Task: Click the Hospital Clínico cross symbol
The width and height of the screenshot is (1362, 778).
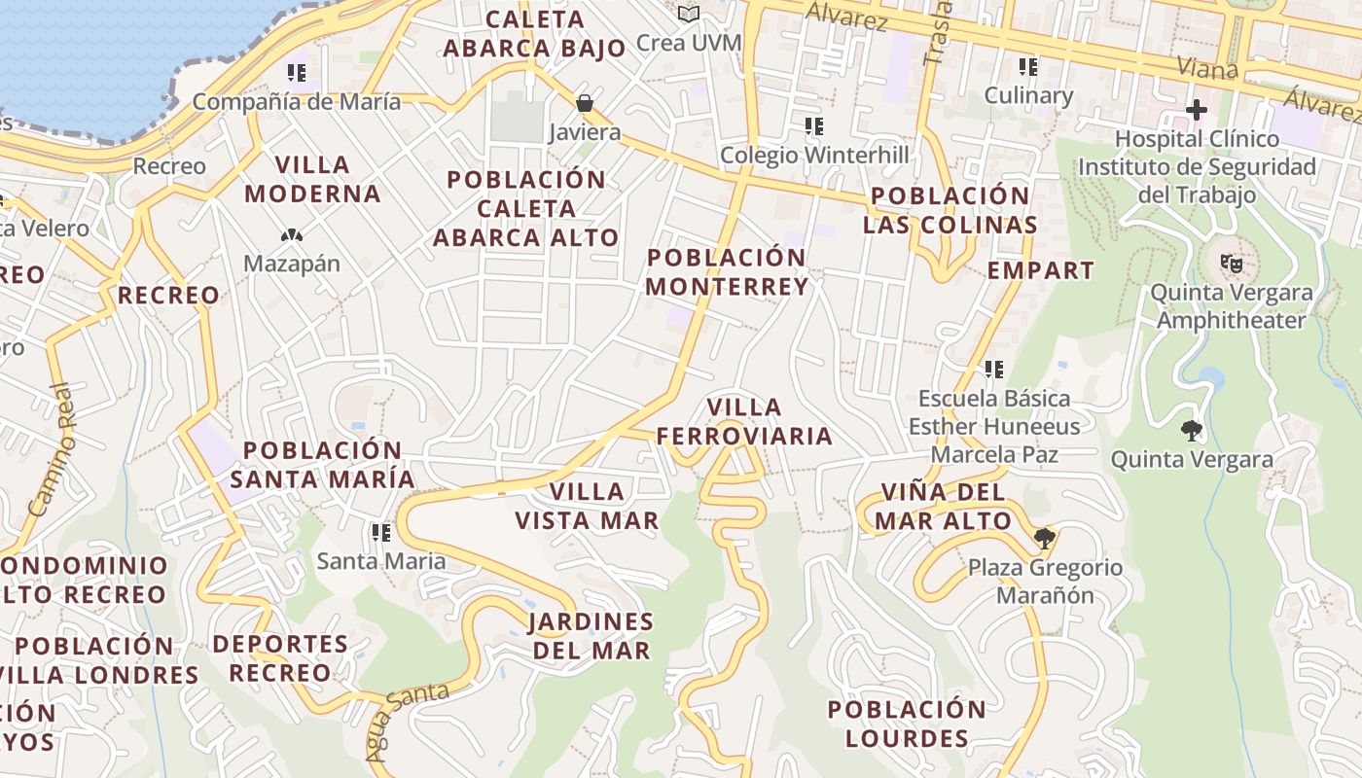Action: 1196,109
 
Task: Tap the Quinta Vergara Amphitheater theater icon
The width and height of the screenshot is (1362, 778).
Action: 1231,262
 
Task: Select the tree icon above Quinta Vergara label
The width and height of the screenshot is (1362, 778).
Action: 1191,430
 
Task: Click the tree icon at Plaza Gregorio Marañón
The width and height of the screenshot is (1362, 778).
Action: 1045,538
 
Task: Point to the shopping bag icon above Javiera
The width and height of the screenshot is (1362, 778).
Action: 585,102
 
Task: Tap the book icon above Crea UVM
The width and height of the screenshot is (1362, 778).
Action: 689,14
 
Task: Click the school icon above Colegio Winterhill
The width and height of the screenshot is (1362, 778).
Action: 814,125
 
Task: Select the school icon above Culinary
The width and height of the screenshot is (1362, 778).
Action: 1028,66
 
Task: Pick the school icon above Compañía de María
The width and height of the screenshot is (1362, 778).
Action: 297,72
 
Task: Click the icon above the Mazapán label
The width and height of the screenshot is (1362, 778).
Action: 291,234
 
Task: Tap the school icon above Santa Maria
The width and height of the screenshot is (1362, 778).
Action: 380,532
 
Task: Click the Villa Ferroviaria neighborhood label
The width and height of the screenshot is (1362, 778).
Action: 744,421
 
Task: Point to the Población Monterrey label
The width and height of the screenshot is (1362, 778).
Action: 727,272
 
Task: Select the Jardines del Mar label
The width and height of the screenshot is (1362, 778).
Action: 591,636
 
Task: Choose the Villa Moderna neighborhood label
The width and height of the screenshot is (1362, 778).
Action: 312,179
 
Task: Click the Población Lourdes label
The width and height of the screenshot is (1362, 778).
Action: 907,724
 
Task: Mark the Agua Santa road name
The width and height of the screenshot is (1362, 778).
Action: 407,720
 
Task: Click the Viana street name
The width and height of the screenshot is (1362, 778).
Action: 1206,68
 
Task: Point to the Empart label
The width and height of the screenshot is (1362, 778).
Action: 1040,270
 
